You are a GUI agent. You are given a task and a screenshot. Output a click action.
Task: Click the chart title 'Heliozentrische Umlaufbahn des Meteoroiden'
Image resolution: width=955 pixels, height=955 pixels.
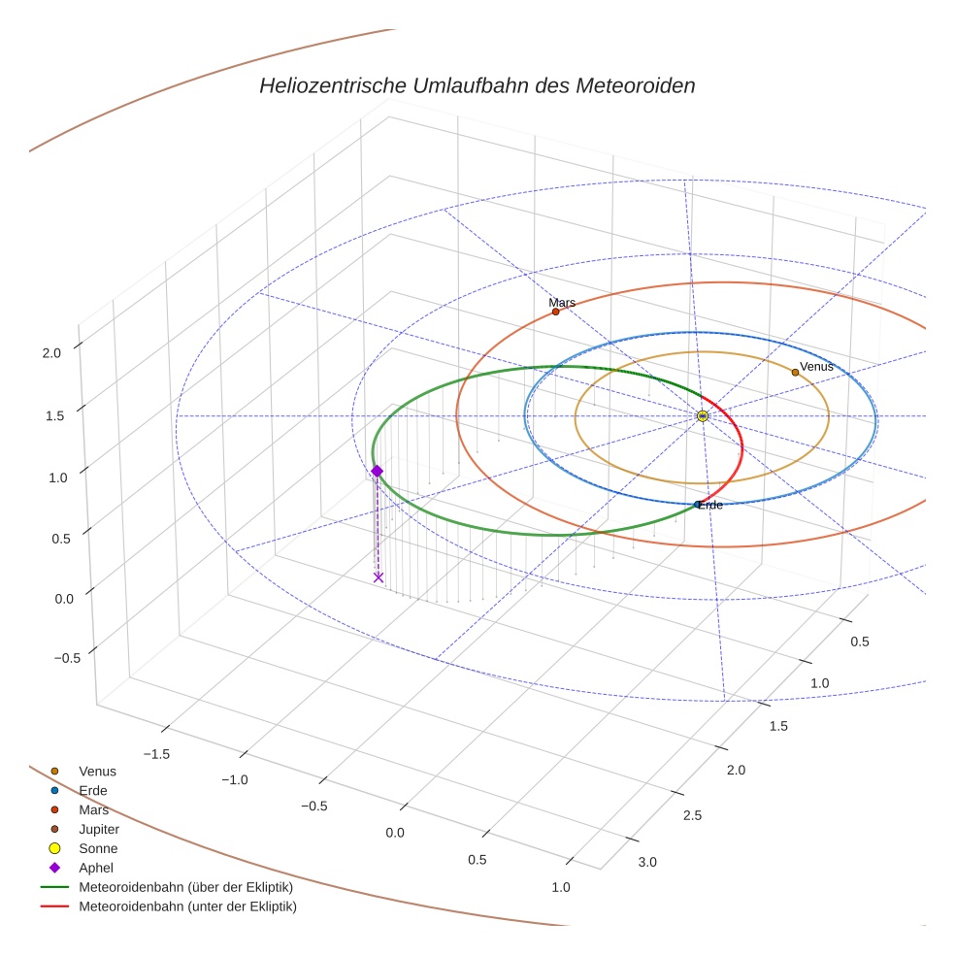tap(477, 85)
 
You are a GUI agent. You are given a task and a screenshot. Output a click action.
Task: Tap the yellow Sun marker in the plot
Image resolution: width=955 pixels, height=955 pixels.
tap(703, 415)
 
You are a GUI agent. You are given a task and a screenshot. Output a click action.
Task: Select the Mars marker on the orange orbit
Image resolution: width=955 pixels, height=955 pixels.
tap(555, 312)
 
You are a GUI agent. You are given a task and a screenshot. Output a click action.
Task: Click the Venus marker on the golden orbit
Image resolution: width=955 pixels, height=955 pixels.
tap(795, 372)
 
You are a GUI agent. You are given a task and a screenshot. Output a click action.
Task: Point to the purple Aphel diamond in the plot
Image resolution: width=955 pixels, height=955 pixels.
tap(377, 471)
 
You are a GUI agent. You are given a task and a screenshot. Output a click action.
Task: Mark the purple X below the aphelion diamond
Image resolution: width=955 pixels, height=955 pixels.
tap(379, 577)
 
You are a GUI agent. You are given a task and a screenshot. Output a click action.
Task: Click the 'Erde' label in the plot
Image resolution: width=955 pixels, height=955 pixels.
tap(710, 506)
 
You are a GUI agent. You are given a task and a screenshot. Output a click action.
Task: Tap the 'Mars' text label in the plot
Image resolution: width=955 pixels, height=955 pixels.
tap(562, 302)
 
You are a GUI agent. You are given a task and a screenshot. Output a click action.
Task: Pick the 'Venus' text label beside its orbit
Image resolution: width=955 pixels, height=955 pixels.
tap(816, 367)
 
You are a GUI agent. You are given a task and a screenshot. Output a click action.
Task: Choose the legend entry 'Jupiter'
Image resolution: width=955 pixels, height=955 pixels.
tap(99, 830)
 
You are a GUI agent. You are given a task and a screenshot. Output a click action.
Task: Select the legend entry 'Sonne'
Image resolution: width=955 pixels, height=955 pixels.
tap(98, 849)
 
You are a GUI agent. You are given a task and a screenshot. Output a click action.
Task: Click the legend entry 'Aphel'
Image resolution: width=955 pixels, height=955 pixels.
tap(96, 869)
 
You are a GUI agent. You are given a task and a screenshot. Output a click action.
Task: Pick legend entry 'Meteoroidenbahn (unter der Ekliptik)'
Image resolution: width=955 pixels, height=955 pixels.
tap(187, 907)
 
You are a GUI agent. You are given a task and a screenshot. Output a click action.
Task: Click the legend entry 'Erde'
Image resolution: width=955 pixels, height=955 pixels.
tap(93, 791)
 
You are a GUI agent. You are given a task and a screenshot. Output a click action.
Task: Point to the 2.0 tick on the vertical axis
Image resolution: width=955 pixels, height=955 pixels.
tap(51, 353)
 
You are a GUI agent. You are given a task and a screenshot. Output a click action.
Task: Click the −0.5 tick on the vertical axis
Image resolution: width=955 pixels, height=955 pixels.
tap(48, 658)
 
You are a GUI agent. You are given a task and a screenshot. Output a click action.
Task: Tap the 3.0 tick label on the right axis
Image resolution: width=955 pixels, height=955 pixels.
tap(646, 862)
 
